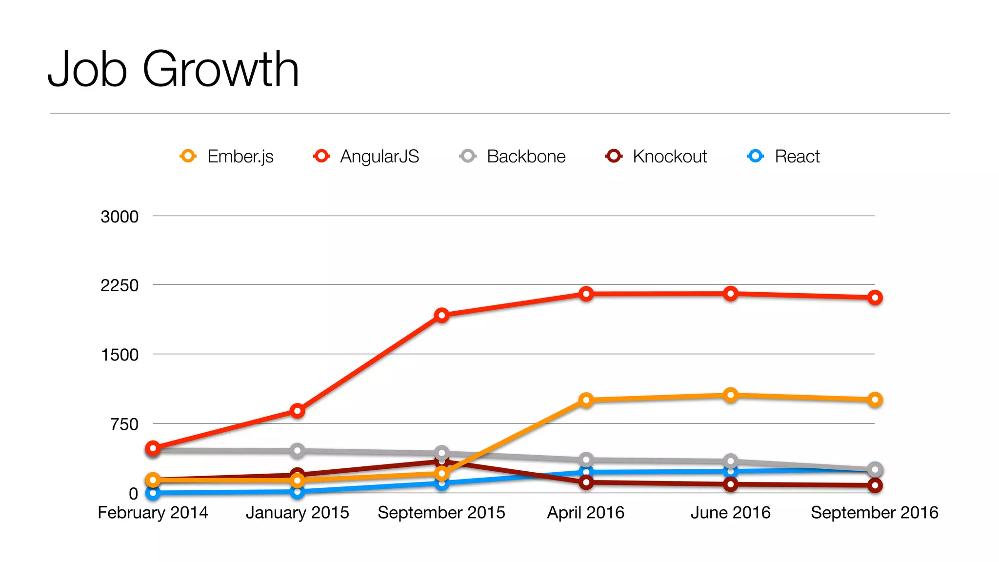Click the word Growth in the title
pyautogui.click(x=220, y=69)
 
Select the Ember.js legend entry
pyautogui.click(x=227, y=157)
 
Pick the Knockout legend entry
pyautogui.click(x=657, y=157)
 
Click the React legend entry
pyautogui.click(x=784, y=157)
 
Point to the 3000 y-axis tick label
pyautogui.click(x=120, y=217)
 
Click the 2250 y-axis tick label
pyautogui.click(x=120, y=285)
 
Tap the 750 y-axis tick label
pyautogui.click(x=124, y=424)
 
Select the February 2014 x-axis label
pyautogui.click(x=153, y=513)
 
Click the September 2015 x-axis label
pyautogui.click(x=441, y=513)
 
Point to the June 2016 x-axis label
pyautogui.click(x=730, y=513)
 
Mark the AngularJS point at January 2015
pyautogui.click(x=297, y=411)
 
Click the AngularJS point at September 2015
pyautogui.click(x=441, y=315)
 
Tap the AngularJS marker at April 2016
pyautogui.click(x=586, y=294)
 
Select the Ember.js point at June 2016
pyautogui.click(x=730, y=395)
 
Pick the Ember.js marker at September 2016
pyautogui.click(x=875, y=400)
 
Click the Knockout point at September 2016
pyautogui.click(x=875, y=485)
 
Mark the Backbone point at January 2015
pyautogui.click(x=297, y=450)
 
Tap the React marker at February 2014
pyautogui.click(x=153, y=493)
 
